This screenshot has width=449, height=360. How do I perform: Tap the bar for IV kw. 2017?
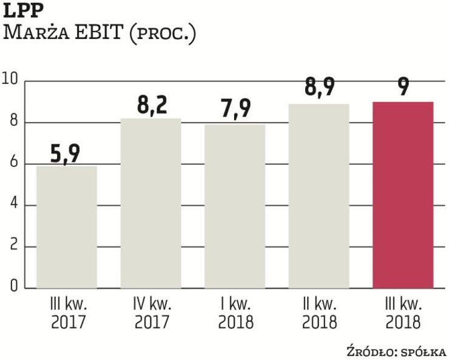(151, 203)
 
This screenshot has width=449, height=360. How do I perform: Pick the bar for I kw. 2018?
(235, 206)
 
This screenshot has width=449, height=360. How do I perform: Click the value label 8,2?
(151, 106)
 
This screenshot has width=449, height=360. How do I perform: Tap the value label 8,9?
(319, 90)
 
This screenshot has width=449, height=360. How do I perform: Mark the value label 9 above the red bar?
(403, 89)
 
